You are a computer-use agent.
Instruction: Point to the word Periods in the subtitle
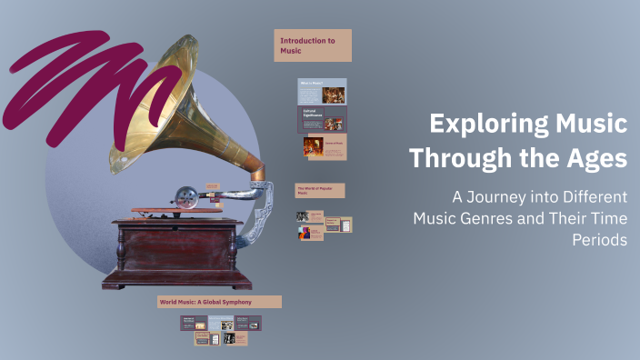pos(599,240)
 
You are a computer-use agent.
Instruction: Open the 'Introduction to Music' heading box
pos(312,45)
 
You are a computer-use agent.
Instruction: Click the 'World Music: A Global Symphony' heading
pos(219,301)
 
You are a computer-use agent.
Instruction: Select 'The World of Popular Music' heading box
pos(319,190)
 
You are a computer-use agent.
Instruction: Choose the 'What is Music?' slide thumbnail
pos(322,91)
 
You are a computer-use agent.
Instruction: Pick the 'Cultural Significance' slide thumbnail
pos(322,119)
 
